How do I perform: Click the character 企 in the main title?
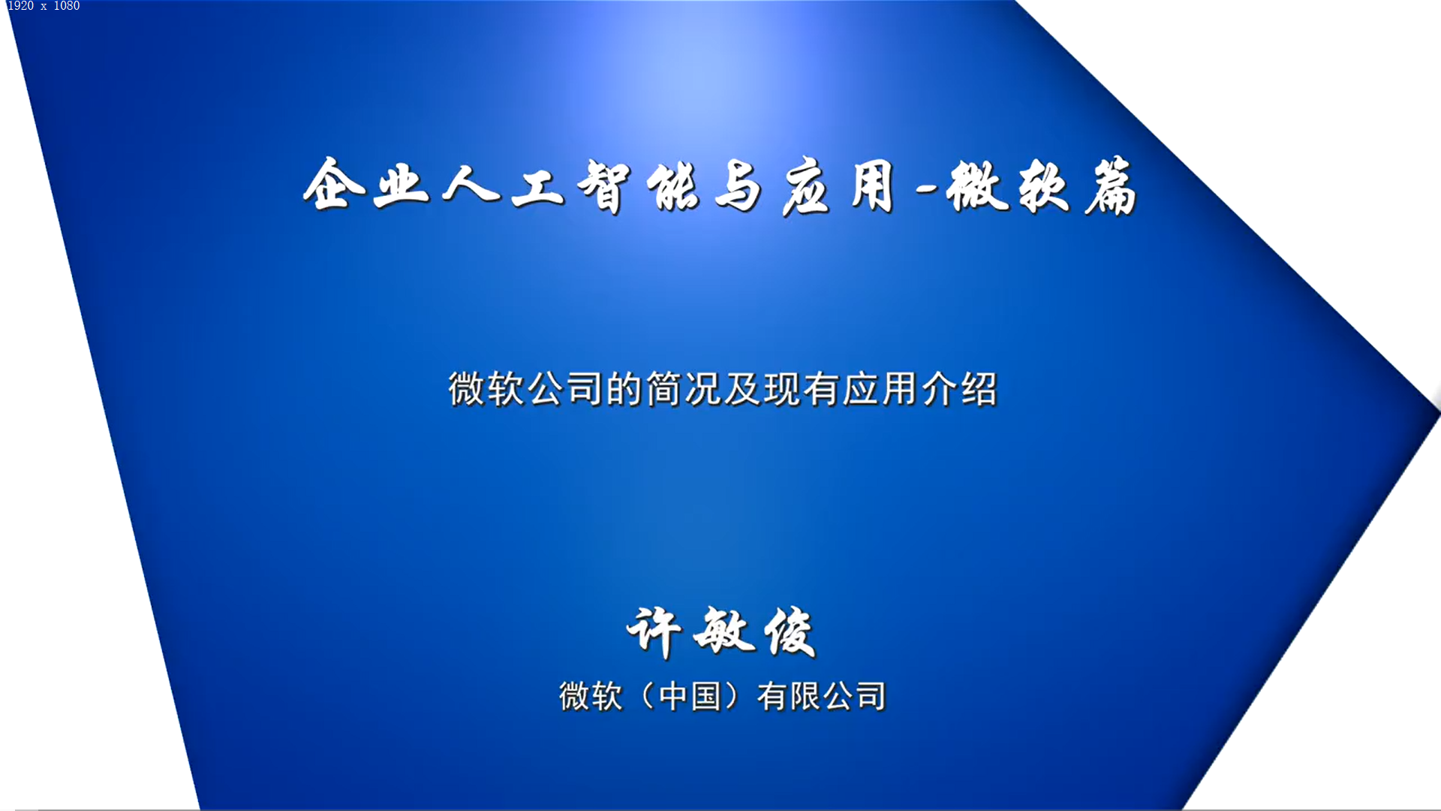(x=334, y=184)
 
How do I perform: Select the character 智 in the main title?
(x=604, y=186)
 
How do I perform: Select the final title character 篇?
(x=1111, y=185)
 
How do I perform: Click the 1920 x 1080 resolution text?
(x=44, y=6)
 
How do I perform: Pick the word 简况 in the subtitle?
(x=683, y=389)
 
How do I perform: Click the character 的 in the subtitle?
(x=624, y=389)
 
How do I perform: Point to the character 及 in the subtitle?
(x=742, y=389)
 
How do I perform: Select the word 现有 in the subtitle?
(x=801, y=389)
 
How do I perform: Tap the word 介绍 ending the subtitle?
(x=959, y=389)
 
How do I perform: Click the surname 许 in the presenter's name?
(x=654, y=632)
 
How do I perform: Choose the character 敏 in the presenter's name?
(x=723, y=632)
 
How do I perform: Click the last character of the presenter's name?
(x=790, y=632)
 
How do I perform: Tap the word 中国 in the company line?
(x=690, y=696)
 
